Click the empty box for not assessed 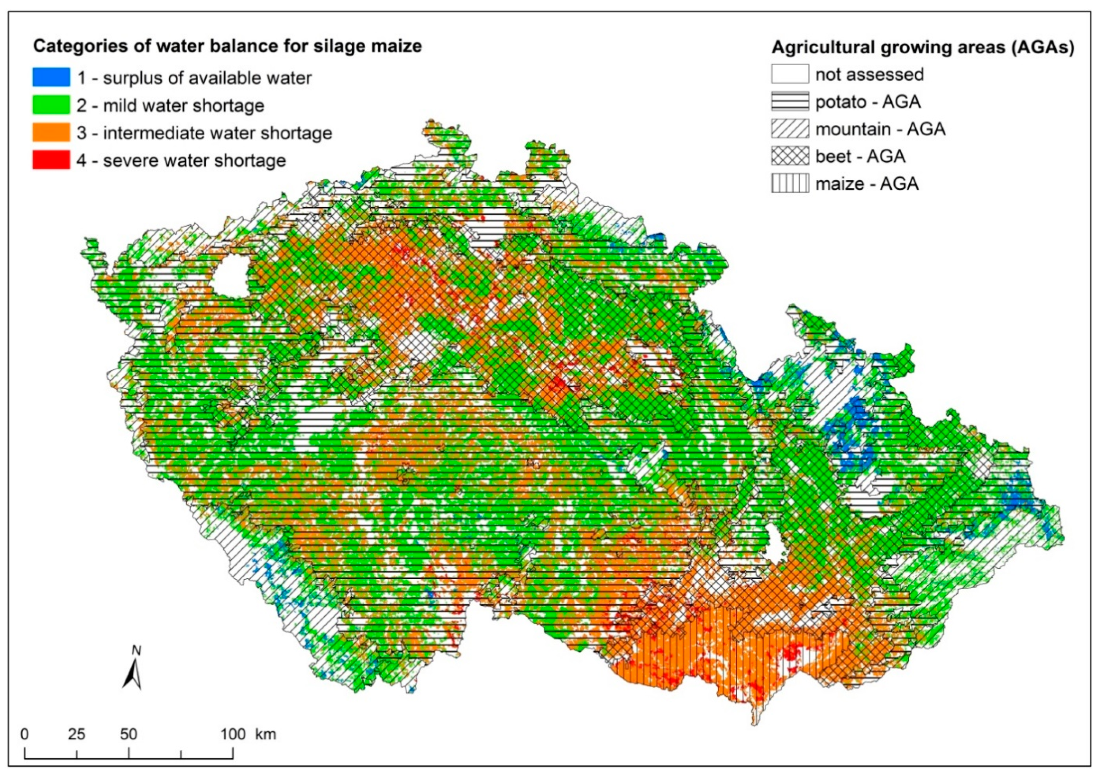pos(790,74)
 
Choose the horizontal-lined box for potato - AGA pos(790,102)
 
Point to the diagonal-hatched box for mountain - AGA pos(790,129)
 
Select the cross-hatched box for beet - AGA pos(790,156)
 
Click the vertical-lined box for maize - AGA pos(790,184)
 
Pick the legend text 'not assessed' pos(869,75)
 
